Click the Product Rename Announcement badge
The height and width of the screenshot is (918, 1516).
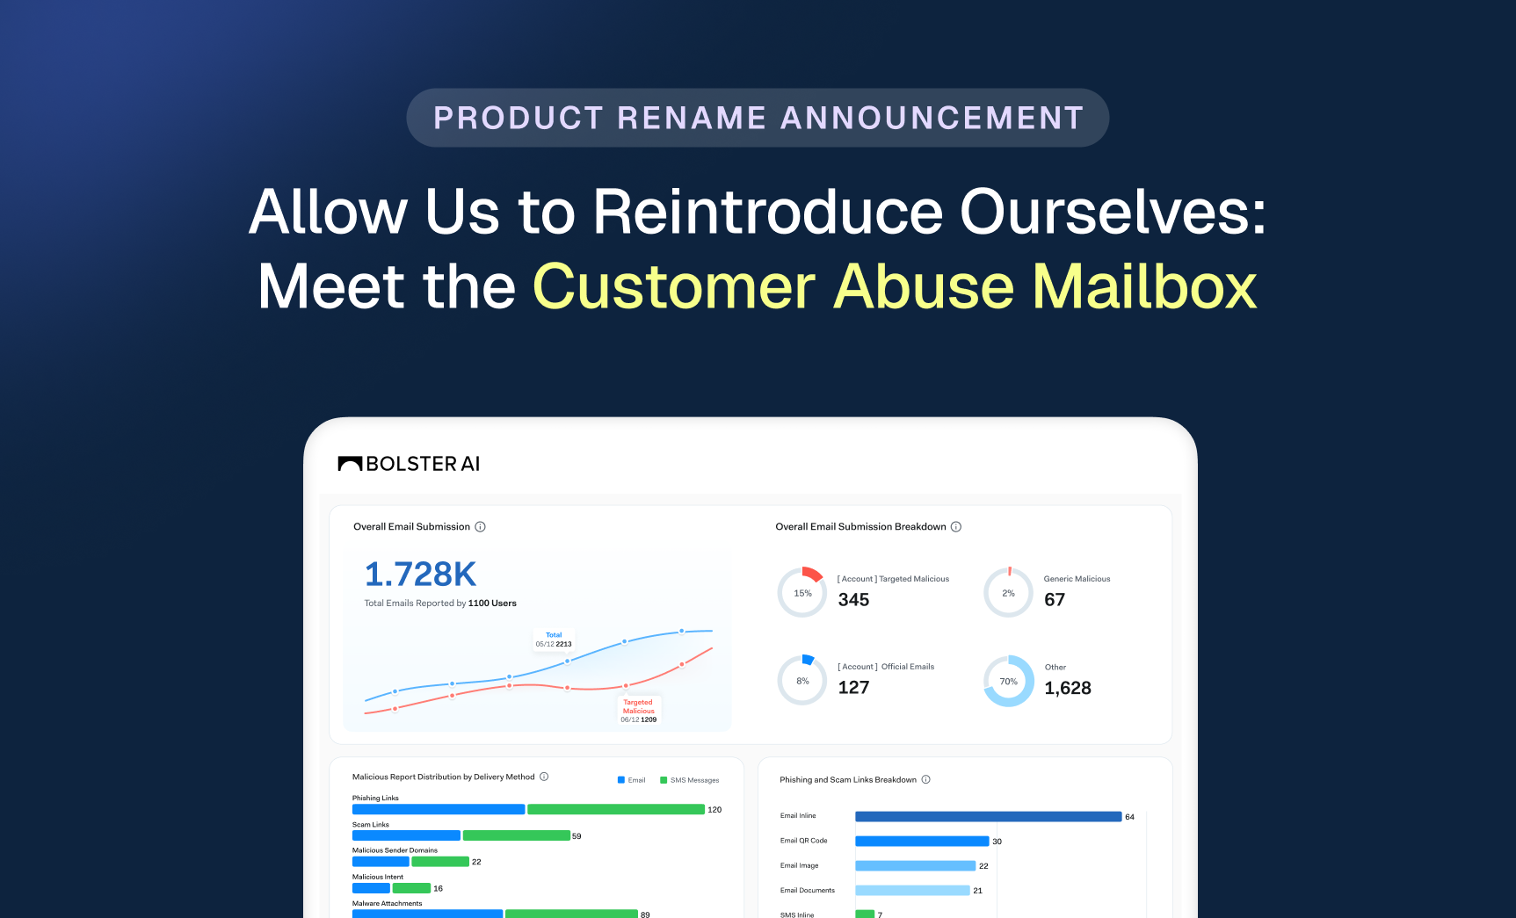(758, 118)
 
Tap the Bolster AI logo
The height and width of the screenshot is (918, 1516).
(409, 464)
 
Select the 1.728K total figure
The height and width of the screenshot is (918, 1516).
(420, 575)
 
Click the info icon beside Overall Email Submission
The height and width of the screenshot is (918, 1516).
(481, 527)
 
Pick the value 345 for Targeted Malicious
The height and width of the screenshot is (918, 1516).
(853, 600)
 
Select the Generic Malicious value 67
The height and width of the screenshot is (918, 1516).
(1055, 600)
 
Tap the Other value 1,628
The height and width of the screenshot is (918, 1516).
(1068, 688)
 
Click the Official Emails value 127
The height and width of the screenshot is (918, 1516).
(853, 688)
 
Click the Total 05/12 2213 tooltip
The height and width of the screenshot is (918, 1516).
(554, 640)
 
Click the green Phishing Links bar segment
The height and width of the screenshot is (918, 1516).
(616, 809)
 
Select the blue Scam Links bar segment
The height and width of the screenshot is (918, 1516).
(406, 835)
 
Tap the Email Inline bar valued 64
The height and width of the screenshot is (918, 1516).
(988, 817)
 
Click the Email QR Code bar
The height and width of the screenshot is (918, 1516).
(922, 842)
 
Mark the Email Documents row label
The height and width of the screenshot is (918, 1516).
(808, 891)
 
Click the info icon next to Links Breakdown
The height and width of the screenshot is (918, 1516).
(925, 780)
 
